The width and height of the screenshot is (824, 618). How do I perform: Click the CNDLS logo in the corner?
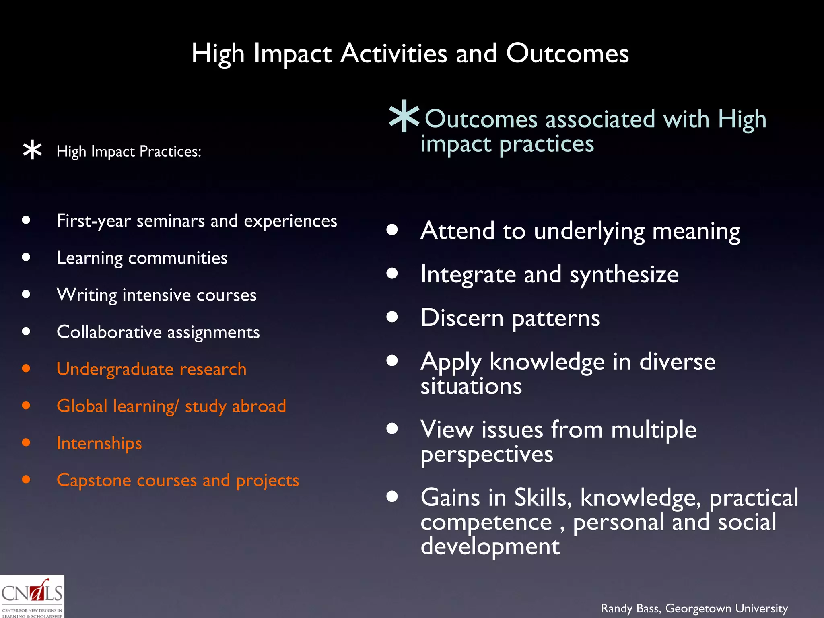[32, 597]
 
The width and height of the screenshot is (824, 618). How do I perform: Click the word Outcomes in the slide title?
[567, 54]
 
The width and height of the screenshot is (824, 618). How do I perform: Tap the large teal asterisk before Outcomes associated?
[404, 116]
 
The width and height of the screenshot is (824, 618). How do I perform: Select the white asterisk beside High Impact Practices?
[32, 151]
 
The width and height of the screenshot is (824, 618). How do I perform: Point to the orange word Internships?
[99, 443]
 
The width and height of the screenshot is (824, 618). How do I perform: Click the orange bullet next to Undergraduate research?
[26, 368]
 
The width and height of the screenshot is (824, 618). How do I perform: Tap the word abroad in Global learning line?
[259, 406]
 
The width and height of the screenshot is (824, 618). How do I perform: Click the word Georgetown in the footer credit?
[698, 608]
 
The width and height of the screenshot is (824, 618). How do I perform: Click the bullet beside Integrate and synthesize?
[392, 274]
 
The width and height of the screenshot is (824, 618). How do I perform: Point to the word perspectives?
[487, 455]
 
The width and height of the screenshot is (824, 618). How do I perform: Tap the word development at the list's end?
[490, 547]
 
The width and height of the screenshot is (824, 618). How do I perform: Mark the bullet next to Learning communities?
[26, 257]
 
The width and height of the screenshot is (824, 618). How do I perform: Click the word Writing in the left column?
[87, 295]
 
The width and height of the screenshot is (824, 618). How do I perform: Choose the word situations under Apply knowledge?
[471, 387]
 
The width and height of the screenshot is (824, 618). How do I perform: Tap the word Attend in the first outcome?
[457, 231]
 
